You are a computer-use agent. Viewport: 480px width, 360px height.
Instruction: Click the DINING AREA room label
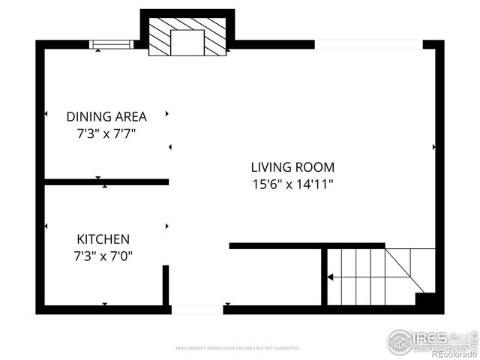pyautogui.click(x=106, y=116)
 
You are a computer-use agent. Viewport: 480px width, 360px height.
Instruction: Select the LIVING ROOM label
pyautogui.click(x=292, y=167)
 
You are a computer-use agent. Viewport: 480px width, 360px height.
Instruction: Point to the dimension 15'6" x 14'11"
pyautogui.click(x=292, y=183)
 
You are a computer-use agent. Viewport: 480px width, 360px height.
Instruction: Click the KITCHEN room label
pyautogui.click(x=103, y=239)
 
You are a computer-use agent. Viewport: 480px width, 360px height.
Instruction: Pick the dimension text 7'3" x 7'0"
pyautogui.click(x=103, y=255)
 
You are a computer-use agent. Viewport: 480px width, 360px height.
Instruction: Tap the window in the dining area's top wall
pyautogui.click(x=111, y=44)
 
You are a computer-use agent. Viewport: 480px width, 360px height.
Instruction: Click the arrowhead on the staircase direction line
pyautogui.click(x=330, y=277)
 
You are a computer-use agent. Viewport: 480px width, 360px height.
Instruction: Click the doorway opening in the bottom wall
pyautogui.click(x=196, y=309)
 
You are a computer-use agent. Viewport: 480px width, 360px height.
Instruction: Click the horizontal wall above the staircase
pyautogui.click(x=307, y=245)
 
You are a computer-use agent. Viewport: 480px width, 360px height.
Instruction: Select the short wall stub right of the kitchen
pyautogui.click(x=166, y=285)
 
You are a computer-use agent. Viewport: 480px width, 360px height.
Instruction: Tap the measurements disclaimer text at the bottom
pyautogui.click(x=237, y=349)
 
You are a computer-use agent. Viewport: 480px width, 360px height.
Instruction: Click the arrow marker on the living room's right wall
pyautogui.click(x=434, y=148)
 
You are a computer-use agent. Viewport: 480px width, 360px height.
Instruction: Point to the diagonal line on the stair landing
pyautogui.click(x=405, y=270)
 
